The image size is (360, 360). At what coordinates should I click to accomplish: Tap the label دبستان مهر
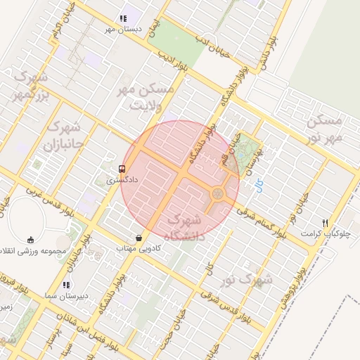click(123, 30)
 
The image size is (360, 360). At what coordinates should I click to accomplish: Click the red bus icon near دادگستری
click(122, 169)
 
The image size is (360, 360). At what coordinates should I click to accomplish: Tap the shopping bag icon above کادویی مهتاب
click(139, 238)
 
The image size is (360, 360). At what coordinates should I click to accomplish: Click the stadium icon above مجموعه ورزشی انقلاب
click(30, 240)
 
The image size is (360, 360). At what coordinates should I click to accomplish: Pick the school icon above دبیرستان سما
click(65, 285)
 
